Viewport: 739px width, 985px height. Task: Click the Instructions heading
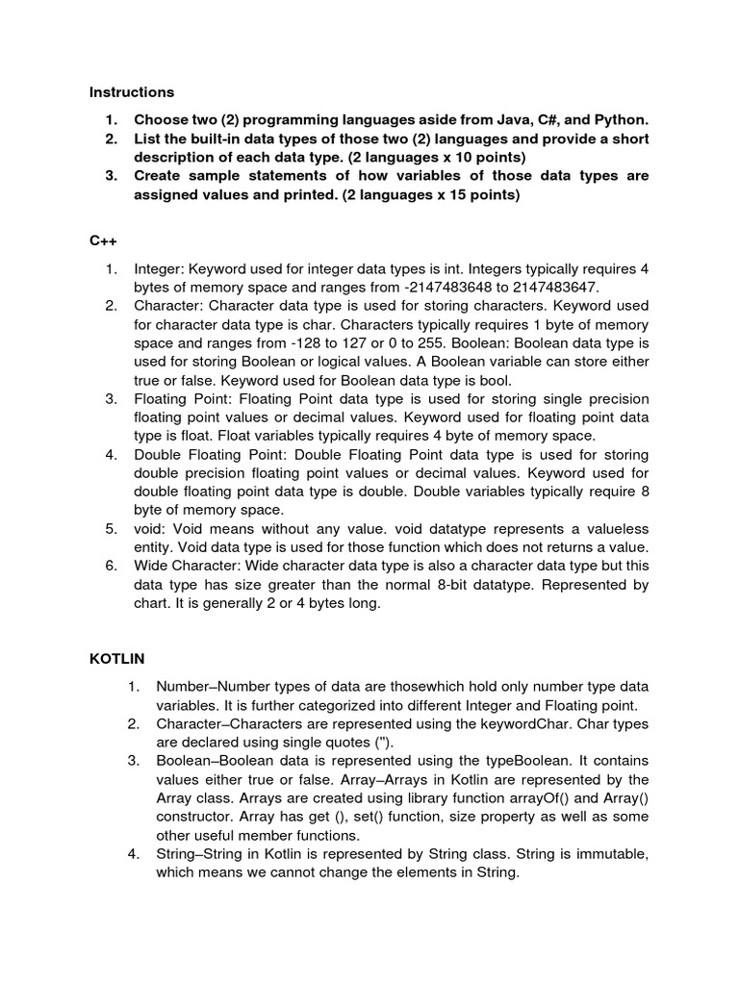[x=132, y=92]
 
